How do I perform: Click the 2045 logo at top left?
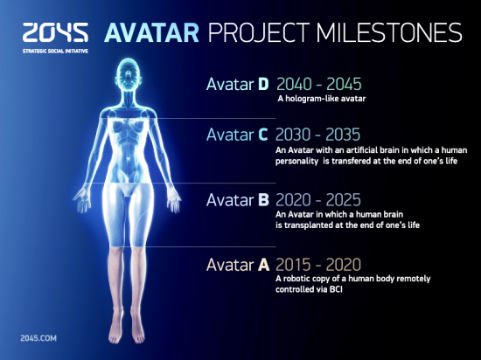55,31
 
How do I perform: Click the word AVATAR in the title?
152,32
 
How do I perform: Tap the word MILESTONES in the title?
389,32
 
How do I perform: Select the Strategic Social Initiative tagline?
55,51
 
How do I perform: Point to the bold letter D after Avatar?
263,84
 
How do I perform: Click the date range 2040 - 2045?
319,84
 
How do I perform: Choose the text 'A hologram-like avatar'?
322,99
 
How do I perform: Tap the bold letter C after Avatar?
263,135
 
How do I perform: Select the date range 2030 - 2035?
317,135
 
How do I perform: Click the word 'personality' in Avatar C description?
296,161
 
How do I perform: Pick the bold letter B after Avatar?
263,200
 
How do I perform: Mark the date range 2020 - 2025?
318,200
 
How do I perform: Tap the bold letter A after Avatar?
263,265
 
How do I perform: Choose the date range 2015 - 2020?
318,265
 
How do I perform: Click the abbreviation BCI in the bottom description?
336,289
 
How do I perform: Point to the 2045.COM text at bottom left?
38,338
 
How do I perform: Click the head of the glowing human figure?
129,74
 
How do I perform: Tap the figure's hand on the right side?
173,200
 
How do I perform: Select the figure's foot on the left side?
115,330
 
